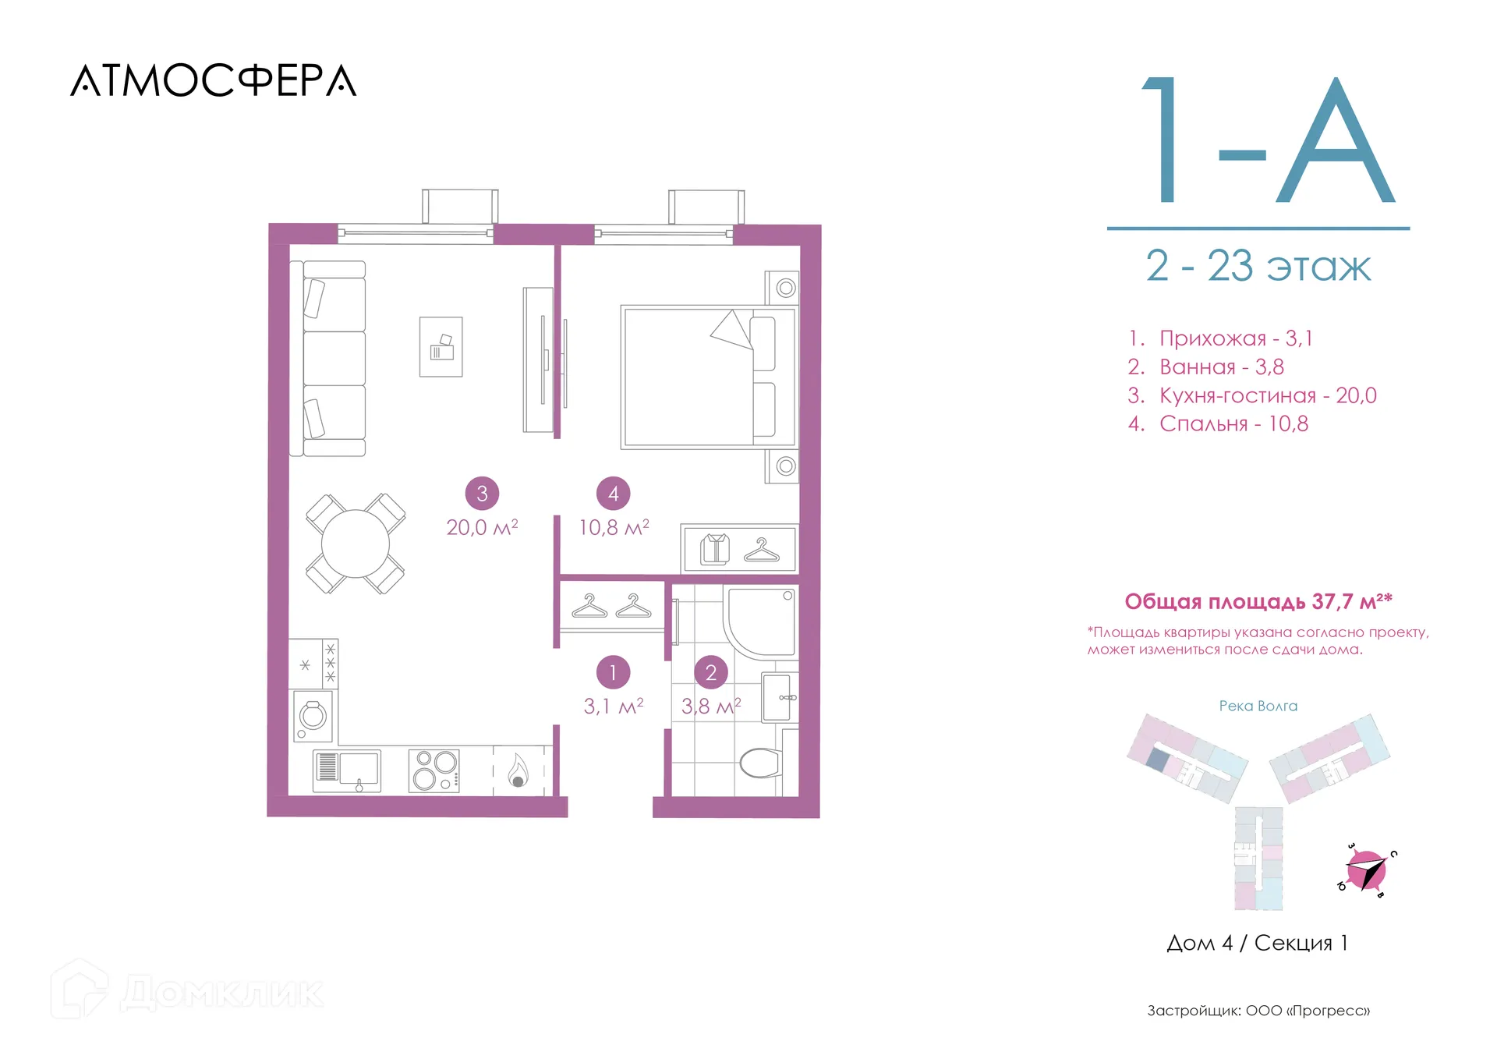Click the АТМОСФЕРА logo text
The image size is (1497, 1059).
(214, 80)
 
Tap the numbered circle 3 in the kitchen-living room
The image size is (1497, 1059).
(482, 494)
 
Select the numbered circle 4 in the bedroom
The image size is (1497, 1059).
(614, 494)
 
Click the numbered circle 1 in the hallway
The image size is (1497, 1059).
(614, 672)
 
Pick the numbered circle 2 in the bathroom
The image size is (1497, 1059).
(711, 672)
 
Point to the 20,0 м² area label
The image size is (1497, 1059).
(482, 528)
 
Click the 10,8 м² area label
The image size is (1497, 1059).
(614, 528)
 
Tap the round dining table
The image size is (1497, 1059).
(356, 544)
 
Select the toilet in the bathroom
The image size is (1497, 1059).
(761, 763)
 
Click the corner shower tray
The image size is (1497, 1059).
(760, 622)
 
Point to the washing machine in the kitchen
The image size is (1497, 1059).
(313, 716)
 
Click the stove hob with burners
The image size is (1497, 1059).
(434, 770)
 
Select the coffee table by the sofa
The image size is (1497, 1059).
(441, 347)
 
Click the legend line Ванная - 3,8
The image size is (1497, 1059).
(1205, 367)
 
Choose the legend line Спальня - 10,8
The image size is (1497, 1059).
(1218, 424)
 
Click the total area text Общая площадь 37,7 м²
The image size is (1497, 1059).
(1258, 601)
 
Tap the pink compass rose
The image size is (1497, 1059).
(1367, 870)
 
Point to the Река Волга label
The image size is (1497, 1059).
(1258, 706)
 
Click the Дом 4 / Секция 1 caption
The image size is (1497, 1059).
(1257, 943)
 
